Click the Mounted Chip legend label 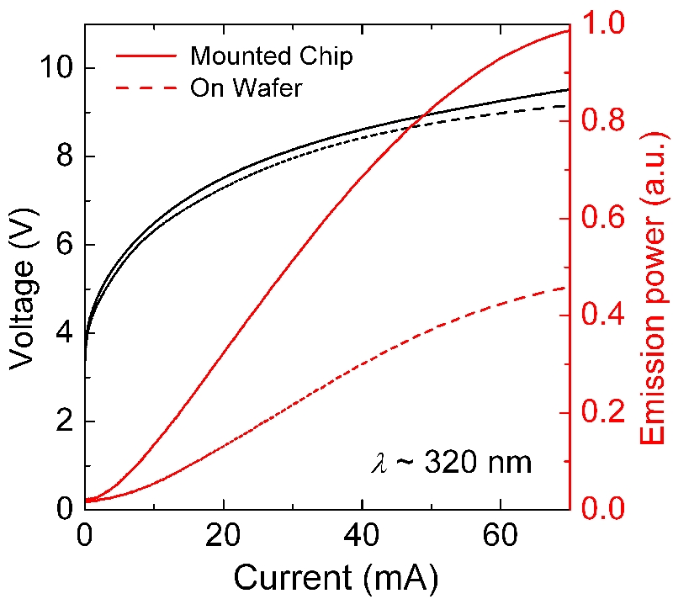click(271, 56)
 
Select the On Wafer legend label click(246, 87)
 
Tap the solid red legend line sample click(145, 56)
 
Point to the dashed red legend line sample click(145, 87)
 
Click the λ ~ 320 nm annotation click(452, 462)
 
